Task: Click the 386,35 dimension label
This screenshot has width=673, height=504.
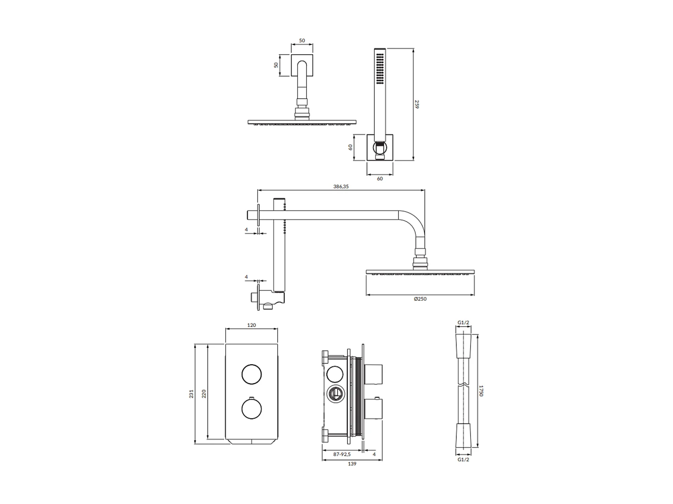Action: (x=341, y=187)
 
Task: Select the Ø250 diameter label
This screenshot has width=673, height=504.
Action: (x=420, y=299)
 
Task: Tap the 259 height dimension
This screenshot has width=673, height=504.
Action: (x=416, y=104)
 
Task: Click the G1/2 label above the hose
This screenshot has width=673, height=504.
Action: (x=463, y=323)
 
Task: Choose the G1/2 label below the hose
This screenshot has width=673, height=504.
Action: (x=463, y=459)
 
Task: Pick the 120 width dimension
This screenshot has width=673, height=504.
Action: (x=251, y=325)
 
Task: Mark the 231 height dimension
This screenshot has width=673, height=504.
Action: (x=191, y=394)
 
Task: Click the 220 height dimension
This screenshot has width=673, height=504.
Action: (x=204, y=394)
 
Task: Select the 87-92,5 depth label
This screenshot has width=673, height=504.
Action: (x=342, y=454)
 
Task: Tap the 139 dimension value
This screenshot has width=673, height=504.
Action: (x=352, y=464)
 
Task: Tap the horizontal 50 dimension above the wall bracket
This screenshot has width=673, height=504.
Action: (x=302, y=40)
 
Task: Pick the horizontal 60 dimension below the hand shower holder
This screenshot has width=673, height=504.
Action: (x=380, y=178)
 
